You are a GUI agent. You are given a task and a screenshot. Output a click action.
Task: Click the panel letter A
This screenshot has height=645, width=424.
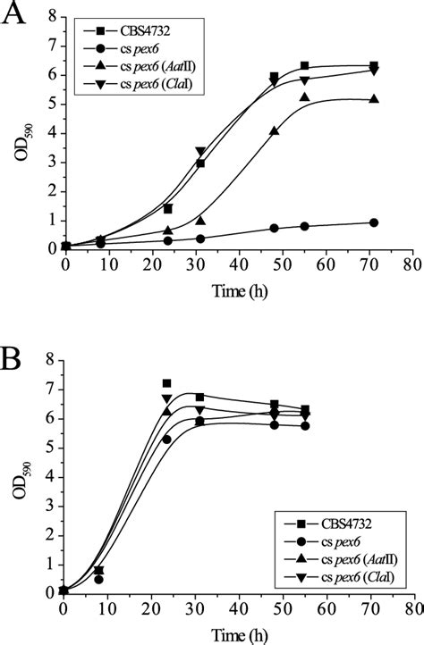pos(15,16)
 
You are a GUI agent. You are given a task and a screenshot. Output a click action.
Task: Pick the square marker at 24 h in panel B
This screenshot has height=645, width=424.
pos(166,383)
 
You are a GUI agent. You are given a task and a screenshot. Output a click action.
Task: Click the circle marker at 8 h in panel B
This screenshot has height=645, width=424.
pos(98,579)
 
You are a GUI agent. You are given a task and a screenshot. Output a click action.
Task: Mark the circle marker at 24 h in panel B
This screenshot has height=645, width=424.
pos(166,439)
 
